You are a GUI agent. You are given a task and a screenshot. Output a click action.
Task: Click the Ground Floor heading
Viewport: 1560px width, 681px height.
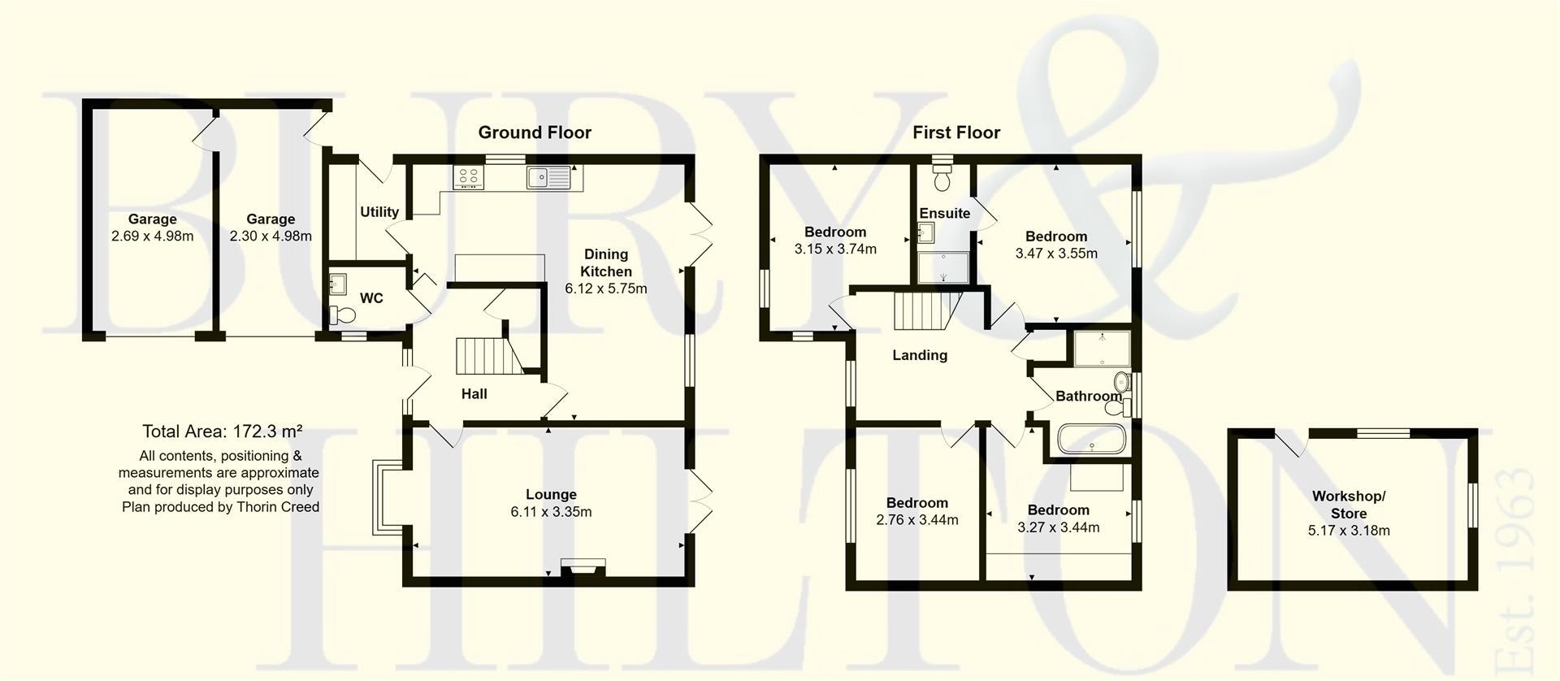pos(534,132)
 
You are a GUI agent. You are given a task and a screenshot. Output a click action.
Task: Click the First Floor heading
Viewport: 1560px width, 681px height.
pos(955,132)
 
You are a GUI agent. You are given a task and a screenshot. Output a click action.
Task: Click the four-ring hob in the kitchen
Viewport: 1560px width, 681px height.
pos(468,177)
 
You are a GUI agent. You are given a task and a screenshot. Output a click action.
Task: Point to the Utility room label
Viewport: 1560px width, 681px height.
pos(379,212)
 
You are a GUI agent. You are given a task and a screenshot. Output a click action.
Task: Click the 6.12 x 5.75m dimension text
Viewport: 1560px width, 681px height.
pos(606,288)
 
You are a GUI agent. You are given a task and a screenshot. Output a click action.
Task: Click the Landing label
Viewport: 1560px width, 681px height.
pos(919,355)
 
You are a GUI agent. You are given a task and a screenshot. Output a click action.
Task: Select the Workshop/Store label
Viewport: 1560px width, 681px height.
pos(1348,505)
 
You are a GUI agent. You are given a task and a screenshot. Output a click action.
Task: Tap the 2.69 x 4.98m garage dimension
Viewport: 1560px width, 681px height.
pos(153,236)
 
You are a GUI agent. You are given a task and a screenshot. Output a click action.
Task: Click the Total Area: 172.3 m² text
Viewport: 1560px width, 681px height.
pos(222,432)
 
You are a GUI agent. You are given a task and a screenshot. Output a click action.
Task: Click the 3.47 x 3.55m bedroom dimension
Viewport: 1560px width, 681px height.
pos(1055,254)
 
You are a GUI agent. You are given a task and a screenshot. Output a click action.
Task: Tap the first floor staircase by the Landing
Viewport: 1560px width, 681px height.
pos(925,311)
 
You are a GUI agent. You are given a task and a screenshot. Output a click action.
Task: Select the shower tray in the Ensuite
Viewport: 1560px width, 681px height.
pos(943,267)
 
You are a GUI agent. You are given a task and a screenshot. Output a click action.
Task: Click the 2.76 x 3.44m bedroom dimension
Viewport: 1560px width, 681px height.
pos(916,520)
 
